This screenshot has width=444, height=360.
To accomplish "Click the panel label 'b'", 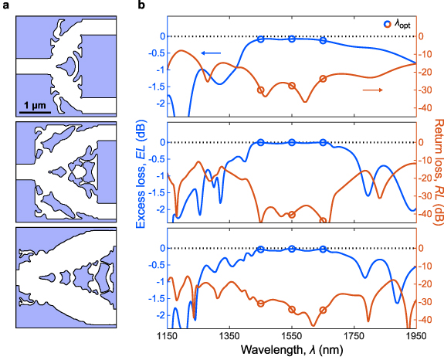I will click(x=140, y=6).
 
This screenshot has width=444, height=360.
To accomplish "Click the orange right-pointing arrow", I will click(x=372, y=90).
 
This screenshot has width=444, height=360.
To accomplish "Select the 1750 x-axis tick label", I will click(x=354, y=338).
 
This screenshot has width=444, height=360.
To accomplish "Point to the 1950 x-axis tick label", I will click(x=415, y=338).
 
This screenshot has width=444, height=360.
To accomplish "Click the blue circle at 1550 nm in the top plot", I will click(x=291, y=39).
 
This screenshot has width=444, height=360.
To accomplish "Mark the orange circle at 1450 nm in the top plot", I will click(x=260, y=90).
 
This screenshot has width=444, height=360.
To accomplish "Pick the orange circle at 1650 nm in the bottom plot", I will click(x=323, y=310).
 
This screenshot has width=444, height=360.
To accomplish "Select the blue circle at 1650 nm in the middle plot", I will click(x=323, y=142).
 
